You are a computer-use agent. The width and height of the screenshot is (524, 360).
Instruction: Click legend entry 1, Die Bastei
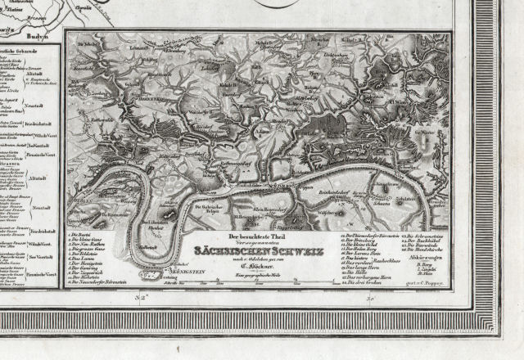coord(83,235)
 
